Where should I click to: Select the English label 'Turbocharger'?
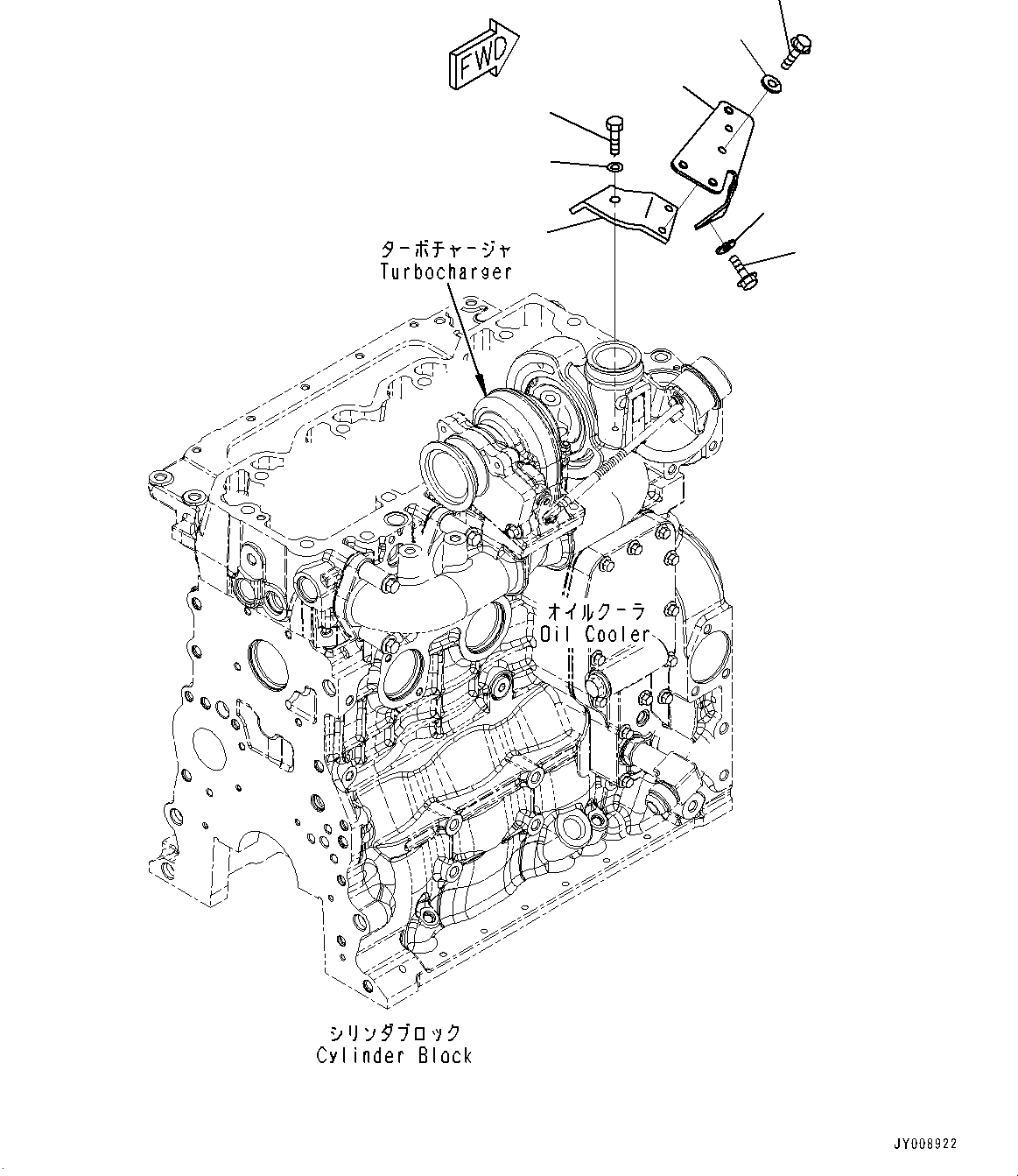446,271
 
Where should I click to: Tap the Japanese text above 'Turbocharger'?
446,250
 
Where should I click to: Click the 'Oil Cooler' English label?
595,634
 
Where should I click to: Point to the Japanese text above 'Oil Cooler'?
596,609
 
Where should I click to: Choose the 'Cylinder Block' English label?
394,1055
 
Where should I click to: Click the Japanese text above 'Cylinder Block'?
394,1033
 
